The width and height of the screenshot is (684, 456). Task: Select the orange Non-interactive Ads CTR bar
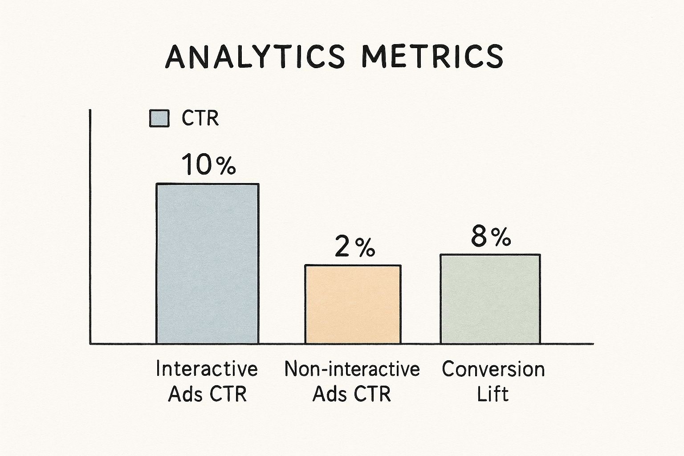pos(353,304)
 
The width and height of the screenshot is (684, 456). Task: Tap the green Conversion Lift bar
pos(490,299)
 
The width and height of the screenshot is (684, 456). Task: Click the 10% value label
pos(208,164)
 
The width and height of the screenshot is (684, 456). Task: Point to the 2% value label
pos(354,248)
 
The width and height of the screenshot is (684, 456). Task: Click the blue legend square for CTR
pos(159,119)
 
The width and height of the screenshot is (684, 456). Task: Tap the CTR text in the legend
pos(200,119)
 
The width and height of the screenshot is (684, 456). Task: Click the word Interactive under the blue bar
pos(207,369)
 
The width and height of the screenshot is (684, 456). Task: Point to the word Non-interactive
pos(352,369)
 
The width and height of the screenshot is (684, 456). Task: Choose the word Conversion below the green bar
pos(493,369)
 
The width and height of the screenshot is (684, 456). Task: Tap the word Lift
pos(493,394)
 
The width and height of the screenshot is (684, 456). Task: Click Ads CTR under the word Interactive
pos(207,394)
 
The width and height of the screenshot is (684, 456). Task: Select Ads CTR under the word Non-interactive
pos(352,394)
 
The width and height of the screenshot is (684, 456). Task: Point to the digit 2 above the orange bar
pos(342,248)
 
